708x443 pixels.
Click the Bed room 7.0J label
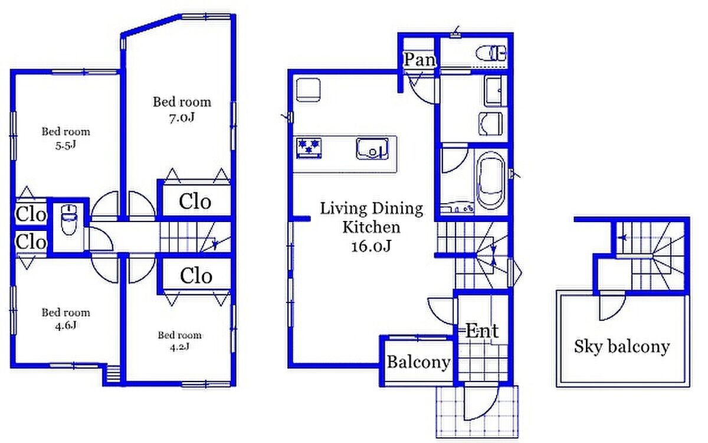point(182,109)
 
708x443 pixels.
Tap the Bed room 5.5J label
point(65,138)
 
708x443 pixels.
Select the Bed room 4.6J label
point(65,319)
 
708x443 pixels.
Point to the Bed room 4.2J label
point(179,341)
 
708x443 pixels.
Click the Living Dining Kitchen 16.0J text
point(371,227)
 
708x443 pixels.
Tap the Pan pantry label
point(419,59)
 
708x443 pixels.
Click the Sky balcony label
point(622,347)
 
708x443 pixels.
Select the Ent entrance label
point(482,331)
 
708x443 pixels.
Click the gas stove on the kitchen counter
point(309,148)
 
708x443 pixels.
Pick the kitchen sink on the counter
point(372,148)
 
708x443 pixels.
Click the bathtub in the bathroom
point(490,180)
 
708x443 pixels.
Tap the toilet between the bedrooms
point(68,220)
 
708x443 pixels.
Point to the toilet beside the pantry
point(491,53)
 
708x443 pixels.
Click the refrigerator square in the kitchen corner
point(308,90)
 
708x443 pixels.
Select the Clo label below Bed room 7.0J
point(195,201)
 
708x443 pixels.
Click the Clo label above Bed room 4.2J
point(196,276)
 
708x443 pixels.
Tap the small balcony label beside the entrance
point(419,362)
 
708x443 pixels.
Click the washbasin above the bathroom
point(490,123)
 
